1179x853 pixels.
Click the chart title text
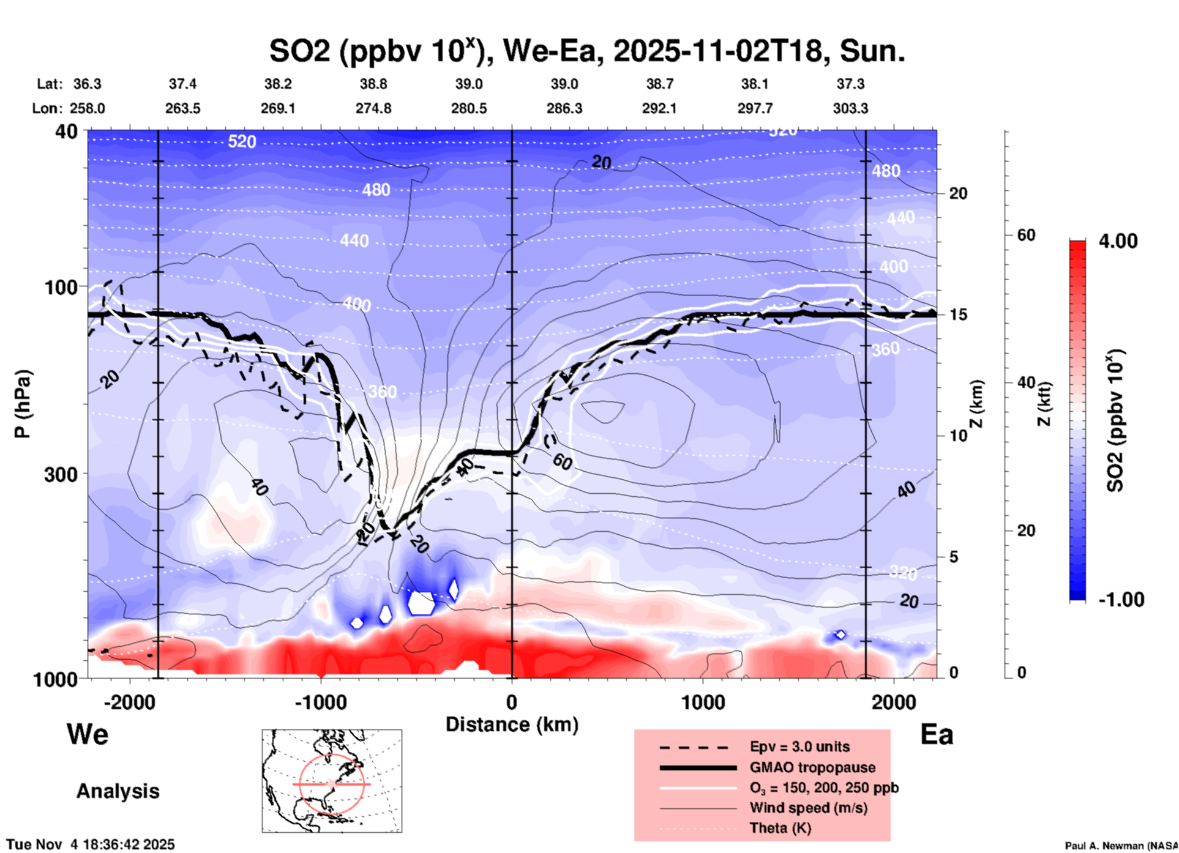(586, 51)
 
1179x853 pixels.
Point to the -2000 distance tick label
(129, 702)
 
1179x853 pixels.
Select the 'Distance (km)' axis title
(512, 724)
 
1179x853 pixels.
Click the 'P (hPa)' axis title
(23, 404)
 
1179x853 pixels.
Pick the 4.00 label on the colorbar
(1118, 241)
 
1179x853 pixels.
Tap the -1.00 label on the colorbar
(1120, 600)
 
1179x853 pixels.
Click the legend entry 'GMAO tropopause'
(812, 767)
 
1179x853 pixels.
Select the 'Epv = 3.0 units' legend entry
(799, 747)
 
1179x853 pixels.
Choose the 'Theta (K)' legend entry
(780, 828)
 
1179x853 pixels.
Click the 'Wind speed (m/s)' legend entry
(808, 808)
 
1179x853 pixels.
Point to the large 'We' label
(88, 734)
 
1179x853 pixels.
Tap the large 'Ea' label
(937, 735)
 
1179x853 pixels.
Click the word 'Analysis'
(118, 791)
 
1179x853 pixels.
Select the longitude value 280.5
(469, 108)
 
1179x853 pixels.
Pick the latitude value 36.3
(87, 84)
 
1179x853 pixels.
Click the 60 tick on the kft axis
(1026, 235)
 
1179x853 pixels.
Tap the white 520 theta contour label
(242, 142)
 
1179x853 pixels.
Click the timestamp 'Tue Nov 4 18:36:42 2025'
(91, 844)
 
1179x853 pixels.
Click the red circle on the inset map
(300, 784)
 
